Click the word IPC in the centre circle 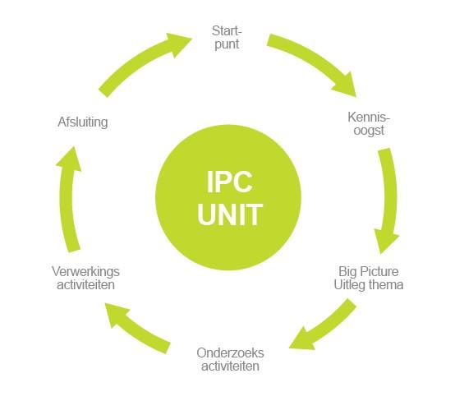pyautogui.click(x=229, y=182)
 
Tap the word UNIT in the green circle pyautogui.click(x=230, y=214)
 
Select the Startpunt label pyautogui.click(x=227, y=38)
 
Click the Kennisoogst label pyautogui.click(x=369, y=124)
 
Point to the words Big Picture pyautogui.click(x=369, y=271)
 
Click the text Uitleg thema pyautogui.click(x=369, y=284)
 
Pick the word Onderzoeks pyautogui.click(x=230, y=353)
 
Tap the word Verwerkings pyautogui.click(x=85, y=272)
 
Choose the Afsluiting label pyautogui.click(x=83, y=122)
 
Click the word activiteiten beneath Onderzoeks pyautogui.click(x=231, y=366)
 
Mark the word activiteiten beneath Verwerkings pyautogui.click(x=86, y=284)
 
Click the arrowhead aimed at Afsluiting pyautogui.click(x=70, y=159)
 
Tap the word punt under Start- pyautogui.click(x=227, y=44)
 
